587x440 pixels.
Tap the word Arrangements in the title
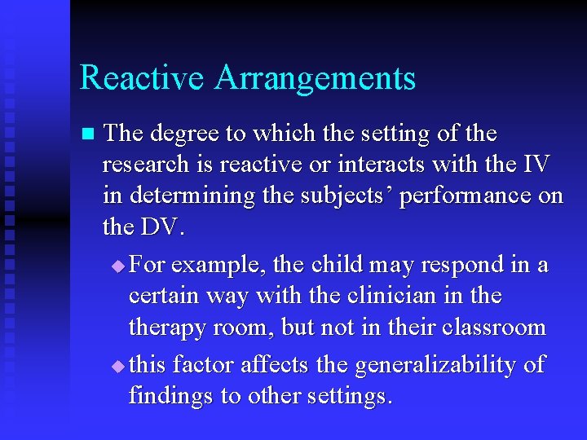point(316,79)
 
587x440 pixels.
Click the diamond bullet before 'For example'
point(119,266)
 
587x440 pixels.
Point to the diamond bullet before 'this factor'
point(119,367)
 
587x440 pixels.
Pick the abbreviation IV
point(534,165)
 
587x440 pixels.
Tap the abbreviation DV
point(163,228)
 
